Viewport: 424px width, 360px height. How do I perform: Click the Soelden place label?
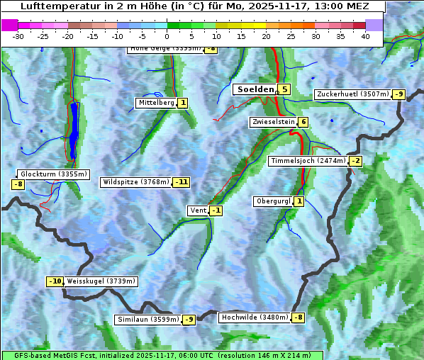[x=255, y=89]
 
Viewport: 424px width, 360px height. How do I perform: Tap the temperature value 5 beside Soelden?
[x=284, y=89]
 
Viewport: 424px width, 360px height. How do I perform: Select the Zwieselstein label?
[x=273, y=122]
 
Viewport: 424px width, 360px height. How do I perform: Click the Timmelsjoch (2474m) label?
[x=308, y=161]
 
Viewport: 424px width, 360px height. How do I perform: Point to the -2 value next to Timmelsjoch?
[x=355, y=161]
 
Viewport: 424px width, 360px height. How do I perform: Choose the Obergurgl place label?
[x=273, y=201]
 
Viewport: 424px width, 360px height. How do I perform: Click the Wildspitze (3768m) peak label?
[x=135, y=182]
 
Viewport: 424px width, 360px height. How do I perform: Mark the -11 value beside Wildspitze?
[x=182, y=182]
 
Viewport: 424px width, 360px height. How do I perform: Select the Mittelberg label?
[x=156, y=103]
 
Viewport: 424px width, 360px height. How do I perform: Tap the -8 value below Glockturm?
[x=18, y=184]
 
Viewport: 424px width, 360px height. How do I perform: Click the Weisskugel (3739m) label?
[x=101, y=281]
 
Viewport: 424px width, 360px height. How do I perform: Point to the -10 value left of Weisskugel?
[x=55, y=281]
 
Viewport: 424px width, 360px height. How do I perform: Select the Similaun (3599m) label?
[x=147, y=320]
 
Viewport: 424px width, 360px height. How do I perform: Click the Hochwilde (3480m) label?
[x=255, y=317]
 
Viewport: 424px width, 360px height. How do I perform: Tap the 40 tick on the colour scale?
[x=365, y=36]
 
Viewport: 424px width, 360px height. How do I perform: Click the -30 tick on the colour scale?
[x=18, y=36]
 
